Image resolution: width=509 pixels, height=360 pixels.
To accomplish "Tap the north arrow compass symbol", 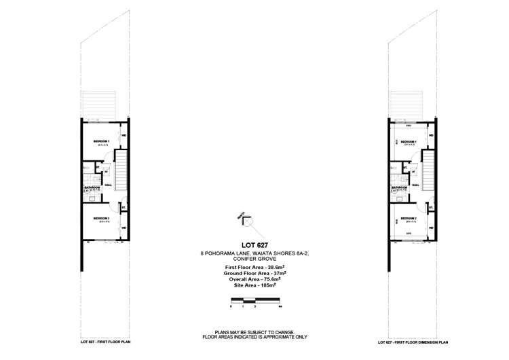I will click(x=246, y=220).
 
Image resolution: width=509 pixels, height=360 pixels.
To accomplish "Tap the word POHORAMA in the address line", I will click(x=225, y=253).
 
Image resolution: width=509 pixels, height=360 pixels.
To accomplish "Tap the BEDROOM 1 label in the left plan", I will click(x=102, y=142).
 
